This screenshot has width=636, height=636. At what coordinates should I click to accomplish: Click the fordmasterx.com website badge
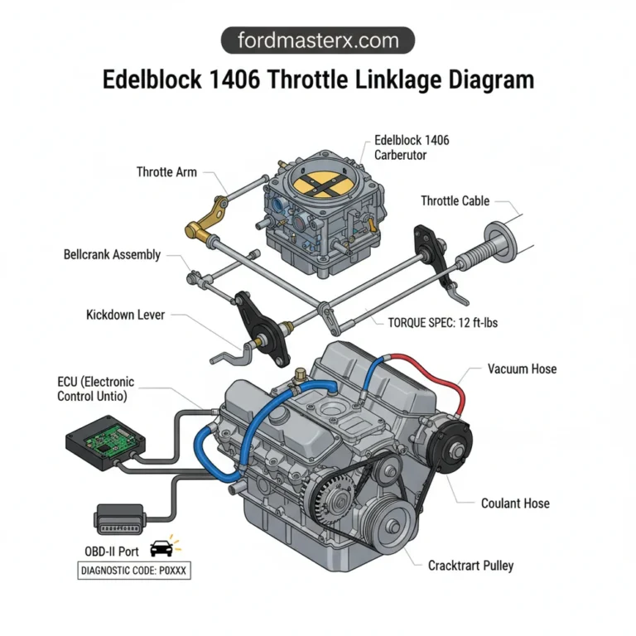pos(318,41)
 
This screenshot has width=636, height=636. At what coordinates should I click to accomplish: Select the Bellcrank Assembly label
pos(112,254)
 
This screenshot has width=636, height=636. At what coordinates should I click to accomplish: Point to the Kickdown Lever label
pos(125,316)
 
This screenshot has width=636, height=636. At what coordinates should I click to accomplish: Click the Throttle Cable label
pos(455,201)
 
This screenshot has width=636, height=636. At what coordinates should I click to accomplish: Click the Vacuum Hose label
pos(522,369)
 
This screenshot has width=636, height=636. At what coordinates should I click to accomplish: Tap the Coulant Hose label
pos(515,503)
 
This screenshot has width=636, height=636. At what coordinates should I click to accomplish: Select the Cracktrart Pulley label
pos(470,566)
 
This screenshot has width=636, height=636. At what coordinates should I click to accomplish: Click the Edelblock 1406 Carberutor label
pos(412,147)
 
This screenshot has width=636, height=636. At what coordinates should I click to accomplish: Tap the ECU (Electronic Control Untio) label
pos(95,389)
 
